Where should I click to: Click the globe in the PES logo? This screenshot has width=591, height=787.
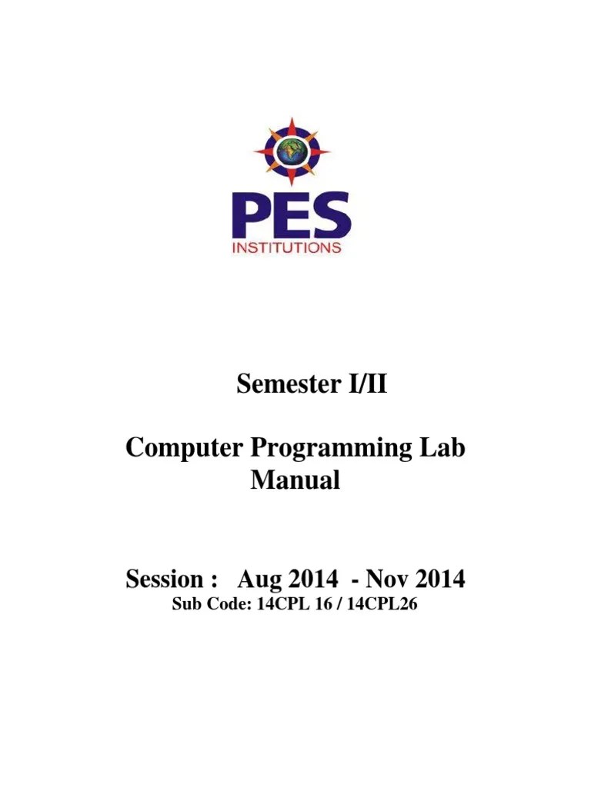point(292,151)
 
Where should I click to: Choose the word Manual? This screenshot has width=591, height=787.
point(295,481)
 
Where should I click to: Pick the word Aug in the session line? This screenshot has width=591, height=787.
point(258,579)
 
